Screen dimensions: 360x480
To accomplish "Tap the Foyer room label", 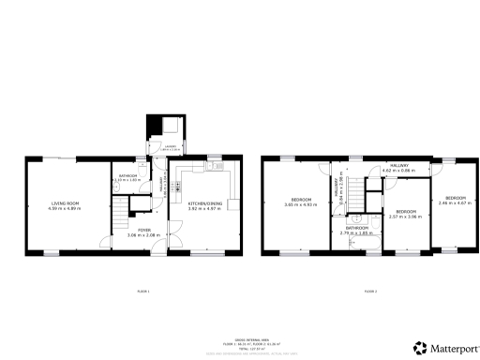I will click(143, 232).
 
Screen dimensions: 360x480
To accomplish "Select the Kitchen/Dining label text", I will click(203, 204).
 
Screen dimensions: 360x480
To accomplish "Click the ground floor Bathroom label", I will click(127, 176).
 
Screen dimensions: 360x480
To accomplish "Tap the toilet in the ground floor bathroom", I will click(117, 187).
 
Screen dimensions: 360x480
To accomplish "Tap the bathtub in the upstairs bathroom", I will click(366, 246).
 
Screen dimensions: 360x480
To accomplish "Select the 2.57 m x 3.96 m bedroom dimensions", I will click(406, 216).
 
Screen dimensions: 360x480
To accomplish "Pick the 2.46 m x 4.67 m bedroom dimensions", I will click(456, 202).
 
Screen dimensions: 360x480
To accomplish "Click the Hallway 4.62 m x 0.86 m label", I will click(396, 168).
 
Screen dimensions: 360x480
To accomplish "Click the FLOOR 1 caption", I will click(142, 292).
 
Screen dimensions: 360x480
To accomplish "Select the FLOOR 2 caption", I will click(370, 292).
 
